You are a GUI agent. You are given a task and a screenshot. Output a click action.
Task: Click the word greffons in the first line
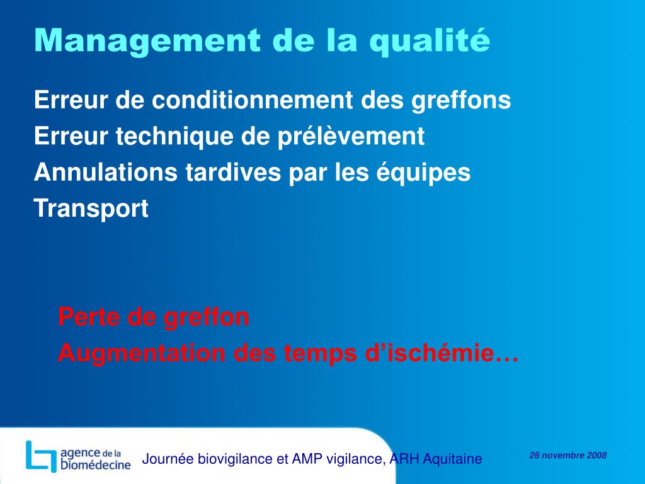tap(462, 100)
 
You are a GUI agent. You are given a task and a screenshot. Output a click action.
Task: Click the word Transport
tap(91, 209)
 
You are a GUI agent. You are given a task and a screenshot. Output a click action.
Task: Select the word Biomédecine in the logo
tap(96, 465)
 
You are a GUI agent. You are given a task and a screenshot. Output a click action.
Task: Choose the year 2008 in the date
tap(596, 455)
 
